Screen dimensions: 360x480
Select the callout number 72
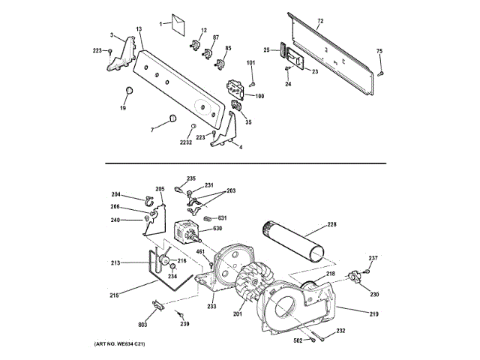pos(320,20)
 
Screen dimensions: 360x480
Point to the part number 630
pos(217,228)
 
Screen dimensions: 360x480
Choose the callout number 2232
pos(185,142)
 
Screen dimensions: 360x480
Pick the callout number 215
pos(115,295)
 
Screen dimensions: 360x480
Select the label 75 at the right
pos(379,51)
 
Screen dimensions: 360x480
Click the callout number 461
pos(201,253)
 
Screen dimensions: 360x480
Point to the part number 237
pos(373,259)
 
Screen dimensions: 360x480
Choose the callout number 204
pos(116,195)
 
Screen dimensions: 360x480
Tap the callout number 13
pos(139,29)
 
